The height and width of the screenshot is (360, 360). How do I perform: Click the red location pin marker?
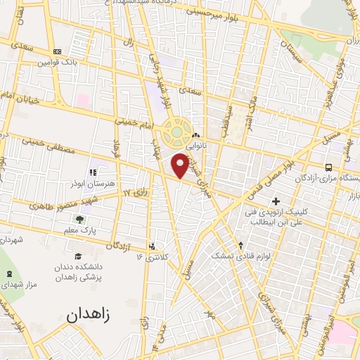[x=181, y=165]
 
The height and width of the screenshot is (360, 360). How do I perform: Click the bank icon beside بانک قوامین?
[x=57, y=51]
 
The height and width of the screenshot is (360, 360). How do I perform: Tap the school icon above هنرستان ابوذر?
[x=91, y=172]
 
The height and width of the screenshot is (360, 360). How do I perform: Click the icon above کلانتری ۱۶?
[x=153, y=245]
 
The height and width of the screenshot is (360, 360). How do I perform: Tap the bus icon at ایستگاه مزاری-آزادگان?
[x=328, y=167]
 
